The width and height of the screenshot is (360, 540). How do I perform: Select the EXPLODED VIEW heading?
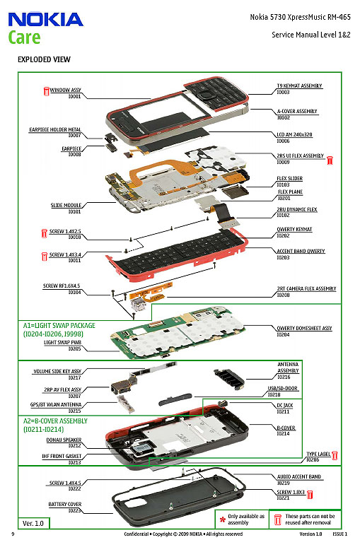pyautogui.click(x=43, y=59)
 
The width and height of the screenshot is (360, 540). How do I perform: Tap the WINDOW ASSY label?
pyautogui.click(x=66, y=90)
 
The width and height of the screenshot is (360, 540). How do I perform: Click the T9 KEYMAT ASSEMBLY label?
pyautogui.click(x=299, y=86)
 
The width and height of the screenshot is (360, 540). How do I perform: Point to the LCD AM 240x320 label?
pyautogui.click(x=294, y=134)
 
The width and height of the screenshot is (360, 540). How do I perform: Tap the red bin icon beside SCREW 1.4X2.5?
pyautogui.click(x=43, y=232)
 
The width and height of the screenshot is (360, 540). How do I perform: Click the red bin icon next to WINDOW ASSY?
pyautogui.click(x=46, y=90)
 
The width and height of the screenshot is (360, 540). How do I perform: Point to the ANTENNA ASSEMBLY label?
pyautogui.click(x=288, y=367)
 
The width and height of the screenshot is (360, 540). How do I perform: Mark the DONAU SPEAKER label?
pyautogui.click(x=65, y=440)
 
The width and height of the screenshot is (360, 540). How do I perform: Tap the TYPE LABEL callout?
pyautogui.click(x=318, y=454)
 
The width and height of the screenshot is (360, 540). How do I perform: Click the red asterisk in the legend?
pyautogui.click(x=222, y=519)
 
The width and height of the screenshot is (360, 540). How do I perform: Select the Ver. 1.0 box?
pyautogui.click(x=33, y=523)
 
